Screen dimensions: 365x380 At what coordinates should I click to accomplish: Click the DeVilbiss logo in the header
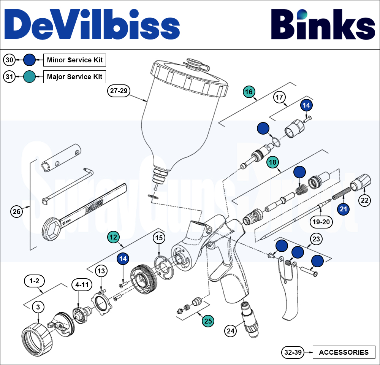[92, 25]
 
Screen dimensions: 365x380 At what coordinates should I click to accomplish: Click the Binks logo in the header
[323, 25]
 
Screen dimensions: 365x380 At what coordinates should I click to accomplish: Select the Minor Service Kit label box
[74, 60]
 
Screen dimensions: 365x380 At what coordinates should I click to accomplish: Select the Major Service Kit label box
[74, 77]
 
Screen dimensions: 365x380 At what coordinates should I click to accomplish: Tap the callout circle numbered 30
[10, 60]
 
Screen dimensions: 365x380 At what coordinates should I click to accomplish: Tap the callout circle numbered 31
[10, 77]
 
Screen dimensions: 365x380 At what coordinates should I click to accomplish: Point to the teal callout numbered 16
[249, 92]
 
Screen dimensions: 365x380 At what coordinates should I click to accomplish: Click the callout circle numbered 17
[279, 97]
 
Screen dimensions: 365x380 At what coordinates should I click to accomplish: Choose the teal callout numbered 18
[272, 162]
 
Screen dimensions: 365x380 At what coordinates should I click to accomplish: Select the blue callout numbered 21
[344, 209]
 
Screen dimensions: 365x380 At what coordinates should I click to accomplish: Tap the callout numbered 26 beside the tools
[16, 212]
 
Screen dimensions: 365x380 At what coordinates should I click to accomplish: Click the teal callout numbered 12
[113, 237]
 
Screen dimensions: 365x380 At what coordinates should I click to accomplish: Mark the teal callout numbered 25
[208, 321]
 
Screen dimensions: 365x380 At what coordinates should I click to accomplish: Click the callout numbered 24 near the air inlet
[230, 330]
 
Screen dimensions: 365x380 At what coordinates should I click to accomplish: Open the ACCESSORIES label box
[344, 352]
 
